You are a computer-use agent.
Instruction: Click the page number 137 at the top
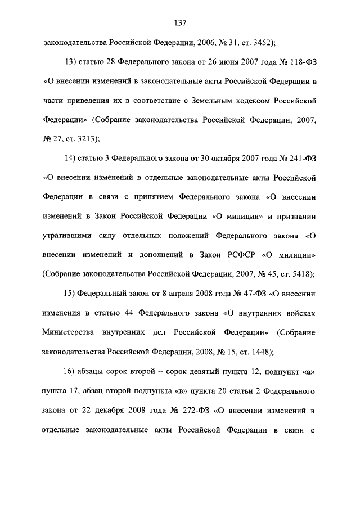[x=180, y=23]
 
